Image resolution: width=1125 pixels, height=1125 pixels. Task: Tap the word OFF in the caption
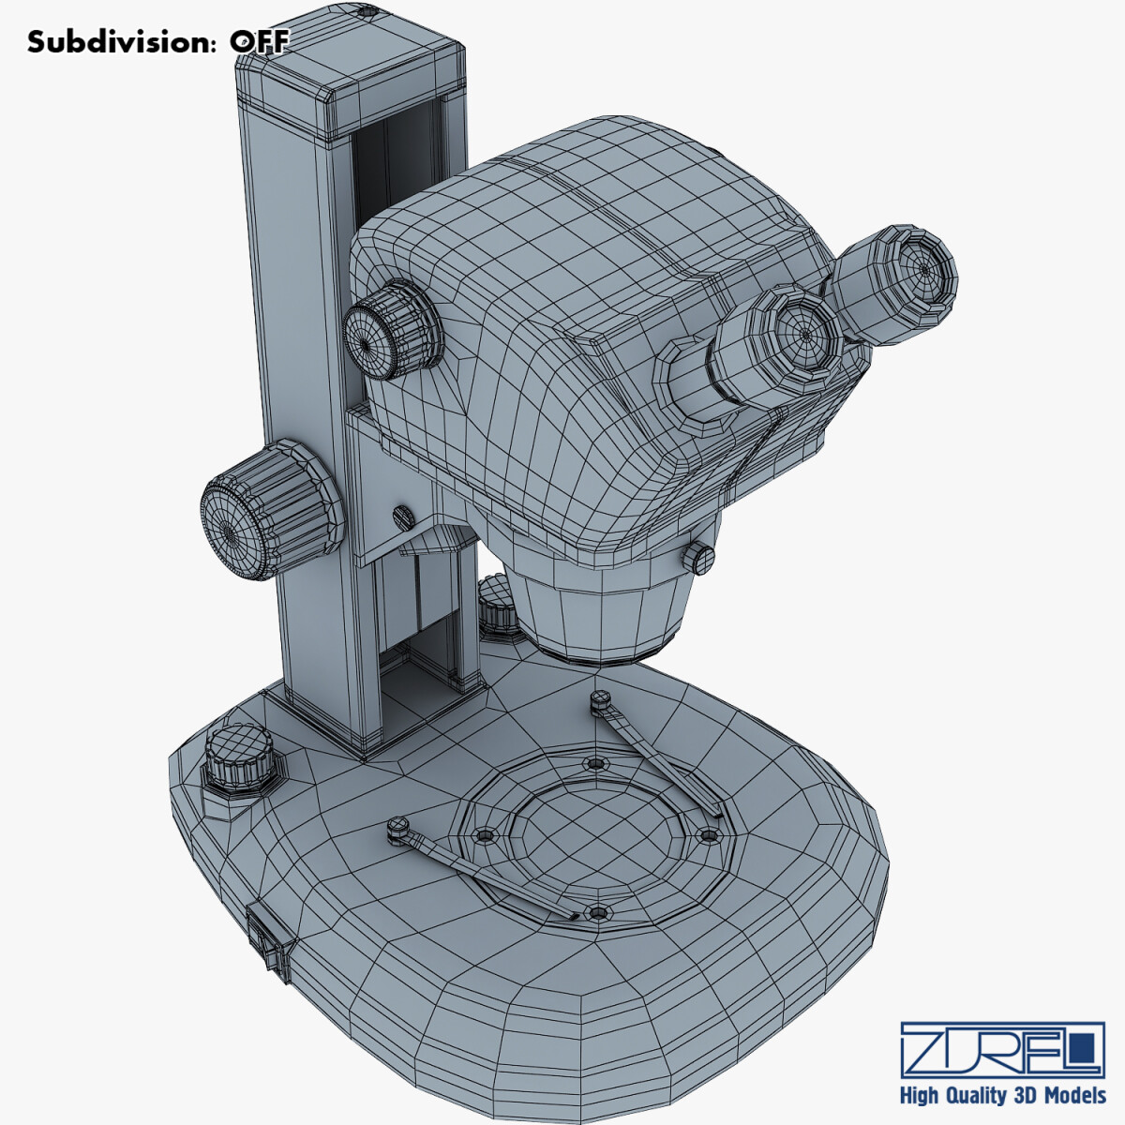[261, 42]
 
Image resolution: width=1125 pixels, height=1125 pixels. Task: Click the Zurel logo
[1002, 1049]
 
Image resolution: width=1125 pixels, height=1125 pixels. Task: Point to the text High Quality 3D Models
[1002, 1095]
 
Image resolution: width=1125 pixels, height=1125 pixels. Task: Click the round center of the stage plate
[589, 833]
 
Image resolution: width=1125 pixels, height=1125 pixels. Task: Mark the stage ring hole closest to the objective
[592, 763]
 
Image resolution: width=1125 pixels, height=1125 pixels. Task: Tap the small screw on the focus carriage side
[403, 515]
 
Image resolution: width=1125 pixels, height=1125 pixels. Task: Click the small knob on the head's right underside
[701, 559]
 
